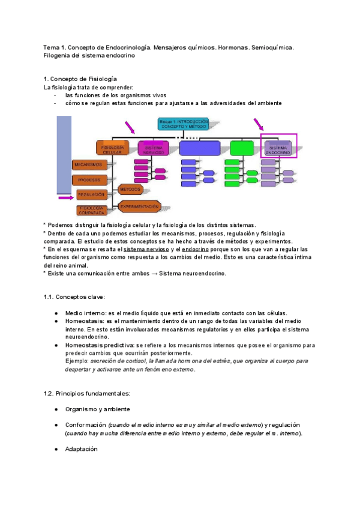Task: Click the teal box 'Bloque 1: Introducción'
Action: coord(182,124)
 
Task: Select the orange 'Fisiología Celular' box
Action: coord(113,149)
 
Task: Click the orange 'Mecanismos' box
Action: coord(89,164)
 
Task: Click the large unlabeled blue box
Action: coord(200,148)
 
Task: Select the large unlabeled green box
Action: coord(242,148)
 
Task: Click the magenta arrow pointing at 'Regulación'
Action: coord(65,196)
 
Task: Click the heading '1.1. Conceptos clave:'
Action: coord(74,297)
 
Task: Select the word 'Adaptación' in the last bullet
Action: coord(81,448)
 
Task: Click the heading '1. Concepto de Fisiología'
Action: coord(80,79)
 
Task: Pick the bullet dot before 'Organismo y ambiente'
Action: coord(56,409)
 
